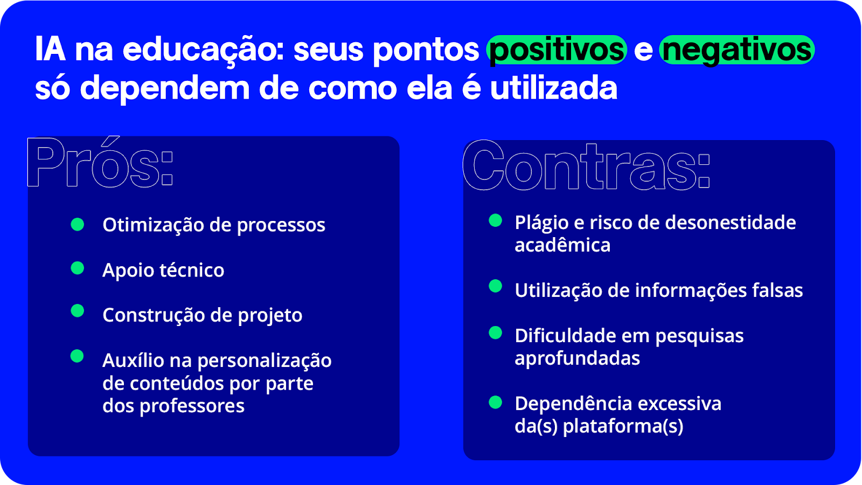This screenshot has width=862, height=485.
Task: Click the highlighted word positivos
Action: pos(557,50)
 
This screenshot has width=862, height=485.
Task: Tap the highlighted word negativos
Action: pos(737,50)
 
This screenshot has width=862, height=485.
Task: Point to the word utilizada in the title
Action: pos(554,88)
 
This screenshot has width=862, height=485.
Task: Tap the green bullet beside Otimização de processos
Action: pos(78,224)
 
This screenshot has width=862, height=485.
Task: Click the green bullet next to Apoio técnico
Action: pos(78,268)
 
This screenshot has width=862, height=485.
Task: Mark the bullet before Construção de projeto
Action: pos(78,310)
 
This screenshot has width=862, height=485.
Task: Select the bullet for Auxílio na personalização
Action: pos(77,356)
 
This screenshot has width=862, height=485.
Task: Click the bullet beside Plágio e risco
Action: pos(495,220)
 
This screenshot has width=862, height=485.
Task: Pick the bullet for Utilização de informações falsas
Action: pos(495,286)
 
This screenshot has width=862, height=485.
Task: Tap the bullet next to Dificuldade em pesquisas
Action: pos(495,333)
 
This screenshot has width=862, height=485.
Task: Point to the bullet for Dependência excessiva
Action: pos(495,402)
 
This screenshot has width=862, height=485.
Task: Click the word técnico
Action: pos(192,269)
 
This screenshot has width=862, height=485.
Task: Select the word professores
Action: pos(192,406)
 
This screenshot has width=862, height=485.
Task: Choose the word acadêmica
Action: pos(562,245)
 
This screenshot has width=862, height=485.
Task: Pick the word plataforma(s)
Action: pos(623,426)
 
